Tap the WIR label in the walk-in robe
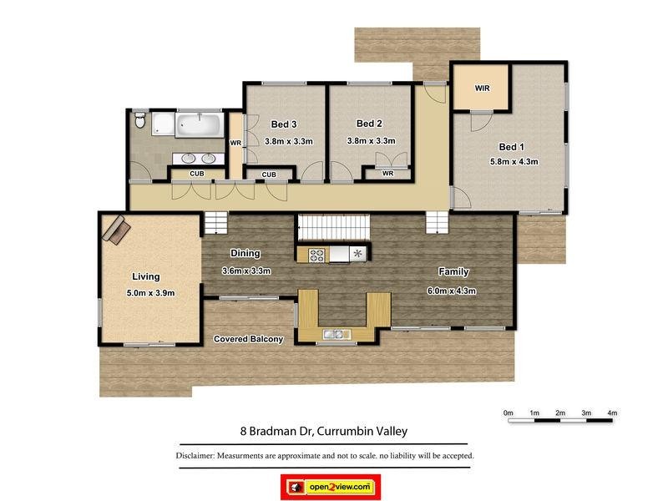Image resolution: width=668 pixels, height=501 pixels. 482,88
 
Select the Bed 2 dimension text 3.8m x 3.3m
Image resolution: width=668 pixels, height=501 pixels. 371,141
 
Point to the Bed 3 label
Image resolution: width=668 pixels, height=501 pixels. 284,124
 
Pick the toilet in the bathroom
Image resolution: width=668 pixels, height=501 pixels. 140,123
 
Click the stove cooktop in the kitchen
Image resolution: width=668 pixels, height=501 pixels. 317,254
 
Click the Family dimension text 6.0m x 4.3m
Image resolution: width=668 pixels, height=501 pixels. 451,291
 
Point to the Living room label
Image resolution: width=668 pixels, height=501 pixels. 145,276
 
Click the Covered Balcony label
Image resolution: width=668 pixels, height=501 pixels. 248,339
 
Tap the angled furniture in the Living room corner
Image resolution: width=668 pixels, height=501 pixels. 114,228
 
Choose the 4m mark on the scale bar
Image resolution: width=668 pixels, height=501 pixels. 612,412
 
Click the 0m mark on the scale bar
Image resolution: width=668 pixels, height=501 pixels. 508,412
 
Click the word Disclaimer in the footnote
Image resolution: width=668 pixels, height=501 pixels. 195,456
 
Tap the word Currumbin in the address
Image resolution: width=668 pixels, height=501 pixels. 340,432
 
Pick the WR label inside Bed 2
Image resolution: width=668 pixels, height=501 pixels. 387,174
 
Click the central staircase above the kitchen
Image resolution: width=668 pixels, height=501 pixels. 333,227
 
